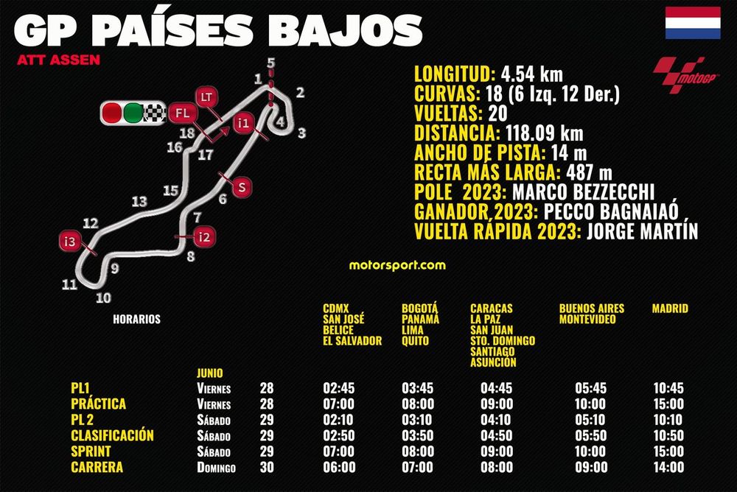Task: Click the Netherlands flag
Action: tap(693, 23)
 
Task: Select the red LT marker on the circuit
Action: tap(206, 96)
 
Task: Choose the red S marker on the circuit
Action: tap(241, 188)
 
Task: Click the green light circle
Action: tap(133, 113)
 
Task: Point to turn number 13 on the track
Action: tap(139, 201)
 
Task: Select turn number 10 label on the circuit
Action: tap(103, 298)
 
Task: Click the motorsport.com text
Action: tap(397, 264)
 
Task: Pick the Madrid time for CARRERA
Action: tap(668, 467)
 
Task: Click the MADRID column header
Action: tap(669, 309)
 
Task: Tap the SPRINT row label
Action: tap(91, 451)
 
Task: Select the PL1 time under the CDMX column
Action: tap(338, 388)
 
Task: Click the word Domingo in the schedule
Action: tap(215, 468)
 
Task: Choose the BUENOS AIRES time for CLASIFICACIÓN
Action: tap(590, 435)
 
